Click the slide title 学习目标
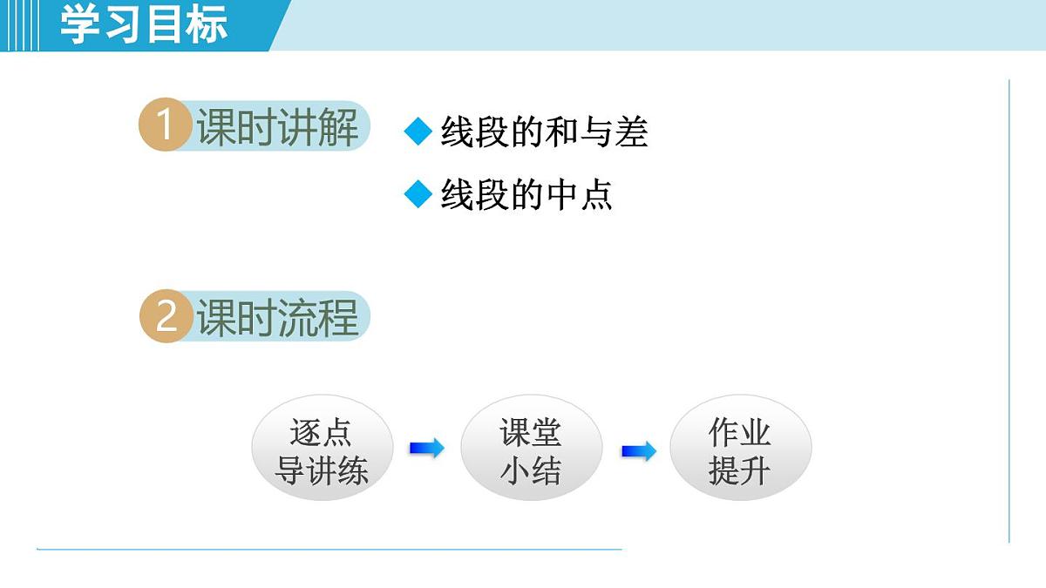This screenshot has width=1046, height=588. [x=144, y=24]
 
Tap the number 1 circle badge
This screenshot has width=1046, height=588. [x=164, y=127]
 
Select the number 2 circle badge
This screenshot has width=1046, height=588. [x=164, y=317]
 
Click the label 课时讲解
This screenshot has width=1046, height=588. [x=277, y=128]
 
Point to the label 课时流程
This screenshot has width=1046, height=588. [x=277, y=317]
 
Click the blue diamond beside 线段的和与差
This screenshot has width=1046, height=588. [x=418, y=132]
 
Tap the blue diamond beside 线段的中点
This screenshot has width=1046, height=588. [x=418, y=194]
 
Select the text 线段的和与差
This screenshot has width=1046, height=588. [x=544, y=132]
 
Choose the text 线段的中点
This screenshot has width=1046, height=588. [x=526, y=194]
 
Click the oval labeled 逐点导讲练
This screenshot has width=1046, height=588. [x=322, y=451]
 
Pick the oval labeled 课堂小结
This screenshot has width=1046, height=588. [x=531, y=451]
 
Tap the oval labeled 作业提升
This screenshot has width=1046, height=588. [x=740, y=451]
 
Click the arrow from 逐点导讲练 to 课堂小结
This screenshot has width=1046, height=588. [x=426, y=449]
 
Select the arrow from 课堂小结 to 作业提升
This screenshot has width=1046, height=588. [x=638, y=451]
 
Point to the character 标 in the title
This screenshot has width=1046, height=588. [x=207, y=24]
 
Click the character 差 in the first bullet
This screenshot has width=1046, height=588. [x=631, y=132]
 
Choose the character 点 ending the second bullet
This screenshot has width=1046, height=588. [x=596, y=194]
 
